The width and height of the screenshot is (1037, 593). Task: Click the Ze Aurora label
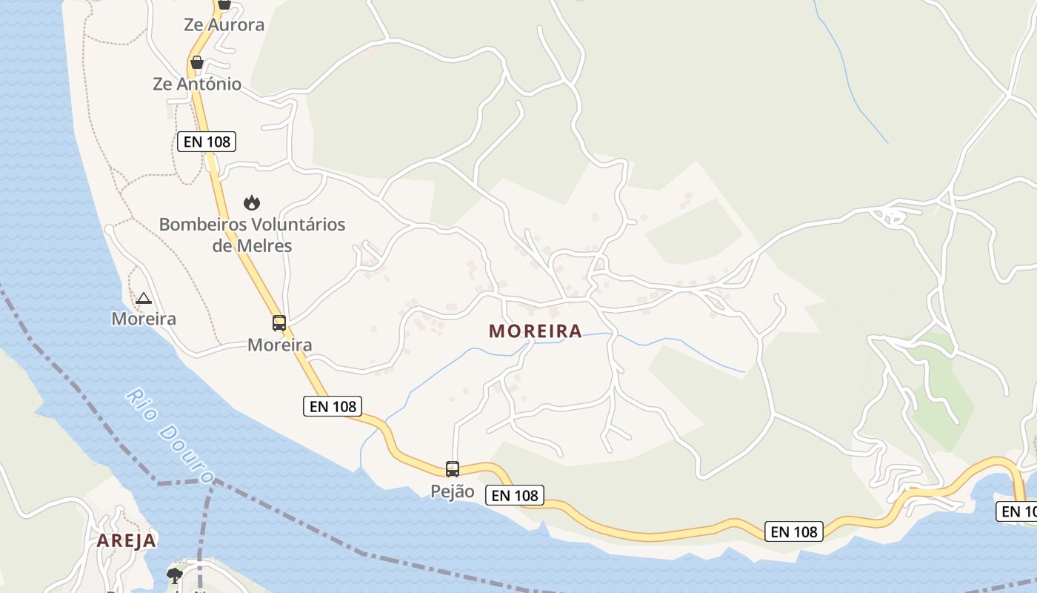coord(224,24)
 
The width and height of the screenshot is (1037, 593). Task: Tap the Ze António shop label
coord(197,84)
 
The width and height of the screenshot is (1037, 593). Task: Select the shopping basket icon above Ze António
coord(197,62)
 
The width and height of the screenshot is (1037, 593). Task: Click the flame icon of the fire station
coord(252,202)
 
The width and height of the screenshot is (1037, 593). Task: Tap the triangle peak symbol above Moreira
coord(144,299)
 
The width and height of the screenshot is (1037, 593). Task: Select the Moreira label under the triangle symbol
coord(144,319)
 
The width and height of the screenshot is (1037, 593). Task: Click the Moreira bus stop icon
coord(279,323)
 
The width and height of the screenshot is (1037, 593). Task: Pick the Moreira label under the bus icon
coord(279,345)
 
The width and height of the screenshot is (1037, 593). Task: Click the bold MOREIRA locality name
coord(536,331)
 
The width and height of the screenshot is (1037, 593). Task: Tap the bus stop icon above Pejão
coord(453,469)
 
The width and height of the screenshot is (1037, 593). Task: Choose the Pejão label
coord(453,491)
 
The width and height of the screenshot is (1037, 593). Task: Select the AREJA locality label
coord(127,540)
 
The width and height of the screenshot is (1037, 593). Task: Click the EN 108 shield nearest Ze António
coord(207,141)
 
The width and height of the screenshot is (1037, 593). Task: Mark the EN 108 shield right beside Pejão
coord(516,495)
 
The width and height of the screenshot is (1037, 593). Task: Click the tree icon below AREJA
coord(175,575)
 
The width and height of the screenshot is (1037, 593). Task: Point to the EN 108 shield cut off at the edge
coord(1018,511)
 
